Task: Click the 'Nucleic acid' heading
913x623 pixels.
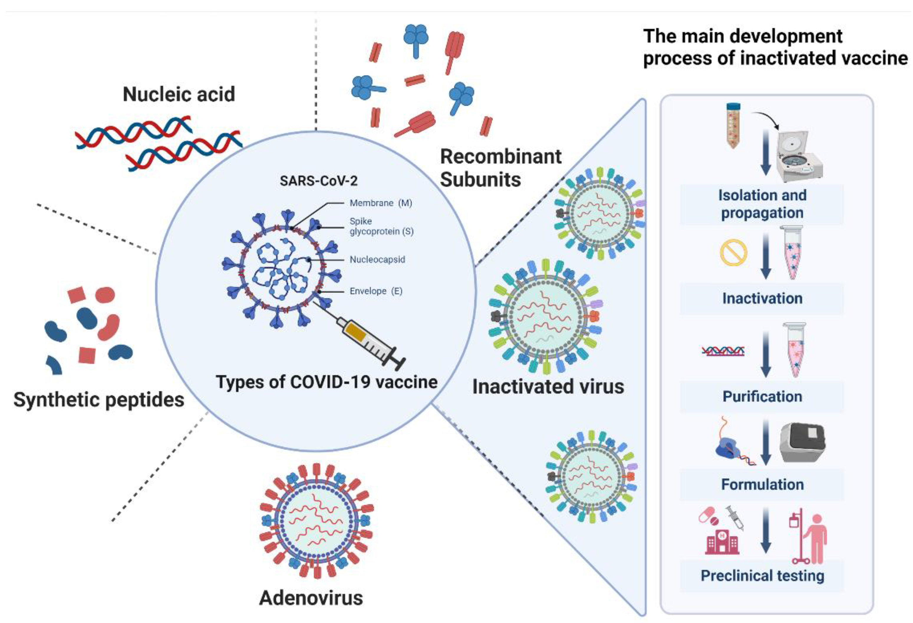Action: (179, 94)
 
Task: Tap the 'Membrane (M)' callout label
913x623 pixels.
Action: (380, 203)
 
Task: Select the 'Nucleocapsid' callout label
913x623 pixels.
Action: (377, 259)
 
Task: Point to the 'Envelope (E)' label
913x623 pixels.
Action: (375, 291)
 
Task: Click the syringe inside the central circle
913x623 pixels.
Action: (369, 342)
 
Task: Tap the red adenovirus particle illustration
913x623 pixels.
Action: (316, 520)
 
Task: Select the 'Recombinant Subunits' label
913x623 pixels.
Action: (500, 168)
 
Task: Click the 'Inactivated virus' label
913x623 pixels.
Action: (548, 386)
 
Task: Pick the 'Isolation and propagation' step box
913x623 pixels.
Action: (762, 204)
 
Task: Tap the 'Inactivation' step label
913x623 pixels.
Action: (762, 298)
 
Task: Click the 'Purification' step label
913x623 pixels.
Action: (762, 397)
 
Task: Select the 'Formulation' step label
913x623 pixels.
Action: (762, 484)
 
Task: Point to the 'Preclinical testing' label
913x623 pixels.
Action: (762, 576)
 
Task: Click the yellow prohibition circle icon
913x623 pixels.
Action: (733, 253)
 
